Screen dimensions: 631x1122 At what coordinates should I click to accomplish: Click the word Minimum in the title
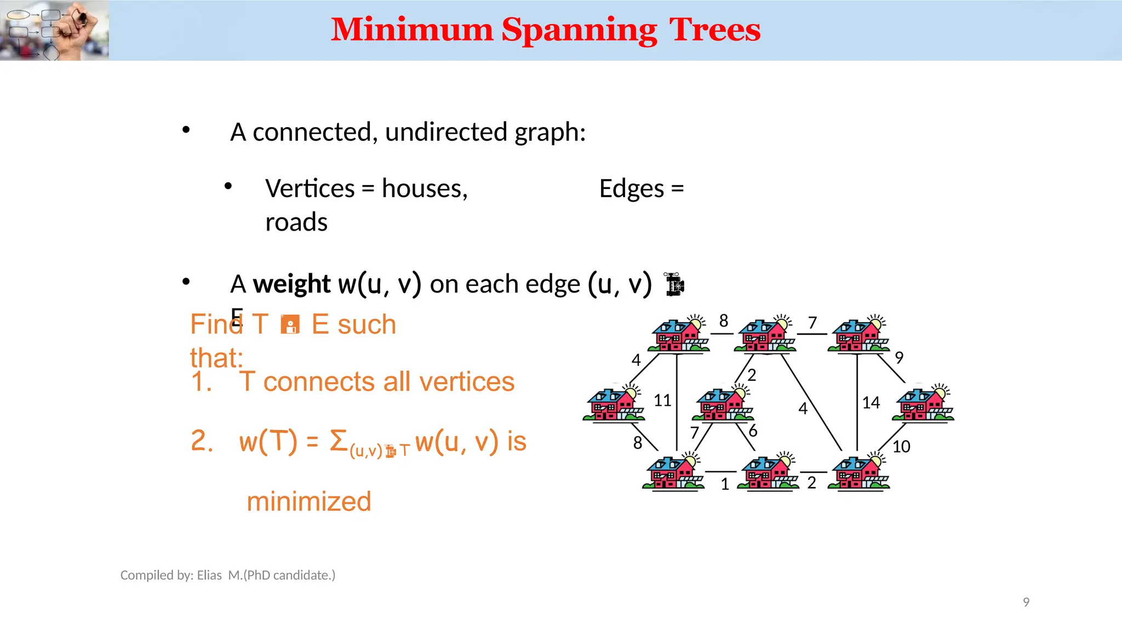[x=412, y=30]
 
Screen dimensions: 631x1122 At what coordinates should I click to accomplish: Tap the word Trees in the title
[x=714, y=30]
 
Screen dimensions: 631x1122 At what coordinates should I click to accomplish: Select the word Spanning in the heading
[x=579, y=31]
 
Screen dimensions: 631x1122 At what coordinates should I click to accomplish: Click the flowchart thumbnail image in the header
[x=54, y=30]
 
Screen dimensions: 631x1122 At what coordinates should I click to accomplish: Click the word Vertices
[x=310, y=189]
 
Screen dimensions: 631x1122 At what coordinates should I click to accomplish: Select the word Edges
[x=632, y=190]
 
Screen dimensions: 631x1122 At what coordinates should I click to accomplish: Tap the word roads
[x=296, y=222]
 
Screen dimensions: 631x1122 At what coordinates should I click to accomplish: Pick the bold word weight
[x=291, y=284]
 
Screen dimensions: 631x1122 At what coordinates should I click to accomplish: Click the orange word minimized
[x=309, y=502]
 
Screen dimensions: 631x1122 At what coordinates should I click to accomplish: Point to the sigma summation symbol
[x=339, y=441]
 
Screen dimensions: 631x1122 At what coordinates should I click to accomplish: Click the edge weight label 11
[x=662, y=400]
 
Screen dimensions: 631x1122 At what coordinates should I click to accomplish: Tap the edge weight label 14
[x=871, y=403]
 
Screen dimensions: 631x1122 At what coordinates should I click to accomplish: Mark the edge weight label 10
[x=901, y=447]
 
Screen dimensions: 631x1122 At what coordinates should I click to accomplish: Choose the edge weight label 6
[x=753, y=431]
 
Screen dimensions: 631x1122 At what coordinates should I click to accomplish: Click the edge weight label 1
[x=725, y=484]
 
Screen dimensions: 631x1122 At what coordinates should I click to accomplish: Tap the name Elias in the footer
[x=209, y=575]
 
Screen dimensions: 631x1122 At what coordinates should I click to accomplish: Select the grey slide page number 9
[x=1026, y=603]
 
